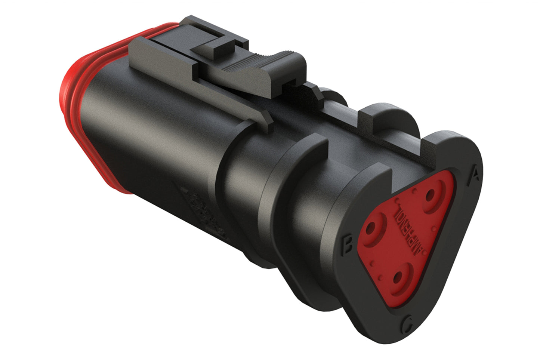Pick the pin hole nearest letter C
[x=399, y=277]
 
